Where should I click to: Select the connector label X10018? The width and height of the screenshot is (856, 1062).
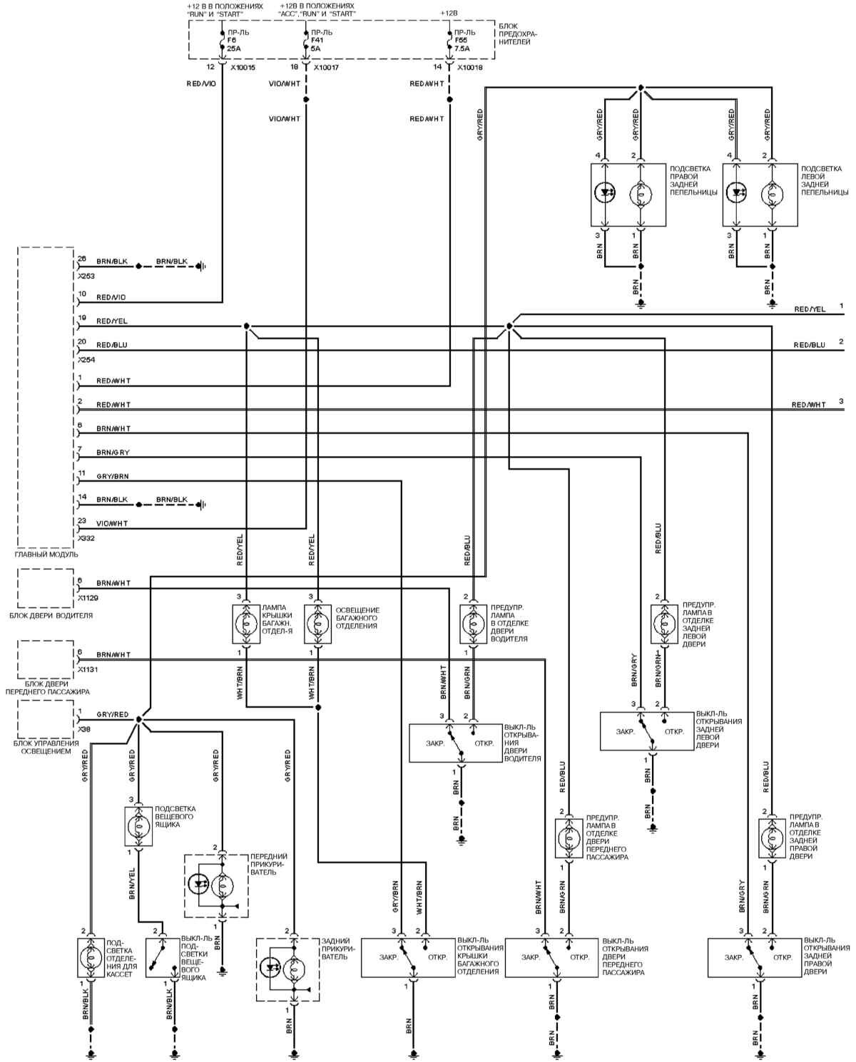click(x=468, y=67)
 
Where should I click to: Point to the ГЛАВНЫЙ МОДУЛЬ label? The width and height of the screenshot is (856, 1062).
click(x=46, y=554)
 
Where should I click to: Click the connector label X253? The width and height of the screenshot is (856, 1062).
click(x=86, y=276)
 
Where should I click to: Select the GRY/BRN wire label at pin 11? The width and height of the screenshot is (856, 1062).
click(x=113, y=476)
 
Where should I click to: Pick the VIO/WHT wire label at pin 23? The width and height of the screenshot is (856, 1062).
click(x=113, y=523)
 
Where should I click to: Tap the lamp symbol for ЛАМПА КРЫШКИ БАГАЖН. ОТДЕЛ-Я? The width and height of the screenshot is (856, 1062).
click(x=246, y=623)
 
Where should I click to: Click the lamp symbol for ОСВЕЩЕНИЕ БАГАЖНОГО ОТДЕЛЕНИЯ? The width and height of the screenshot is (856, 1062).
click(x=318, y=623)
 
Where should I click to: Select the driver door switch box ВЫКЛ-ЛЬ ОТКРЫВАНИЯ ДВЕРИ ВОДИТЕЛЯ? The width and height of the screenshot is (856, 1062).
click(x=455, y=743)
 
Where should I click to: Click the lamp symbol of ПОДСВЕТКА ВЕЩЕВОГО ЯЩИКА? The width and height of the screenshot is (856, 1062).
click(x=138, y=827)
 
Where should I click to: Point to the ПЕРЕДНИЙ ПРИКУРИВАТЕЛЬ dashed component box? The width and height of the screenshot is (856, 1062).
click(x=216, y=885)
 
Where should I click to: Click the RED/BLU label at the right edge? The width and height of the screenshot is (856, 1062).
click(x=810, y=345)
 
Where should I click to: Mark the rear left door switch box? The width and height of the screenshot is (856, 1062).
click(x=646, y=731)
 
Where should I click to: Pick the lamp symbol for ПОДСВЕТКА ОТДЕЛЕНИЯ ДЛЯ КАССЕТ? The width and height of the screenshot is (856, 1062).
click(x=91, y=957)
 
